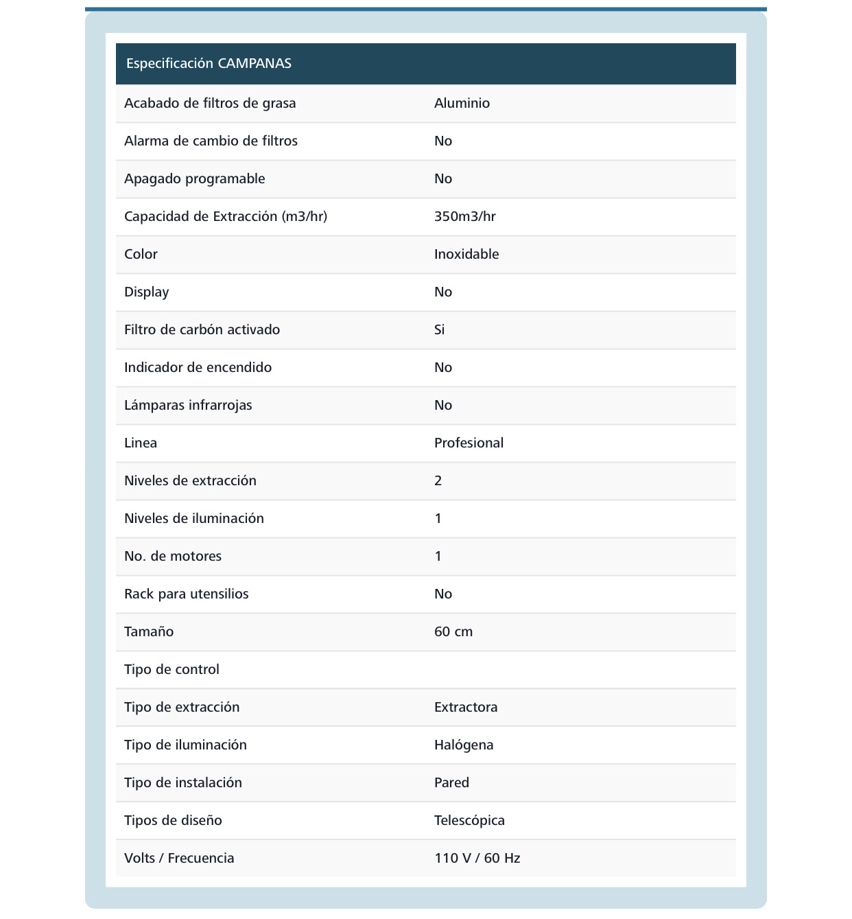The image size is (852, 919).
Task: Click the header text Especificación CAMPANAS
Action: point(209,64)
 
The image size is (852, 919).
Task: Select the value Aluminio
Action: point(462,104)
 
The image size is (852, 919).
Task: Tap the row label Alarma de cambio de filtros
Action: point(211,141)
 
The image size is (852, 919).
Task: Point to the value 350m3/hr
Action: point(464,217)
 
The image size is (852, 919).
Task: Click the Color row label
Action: point(141,255)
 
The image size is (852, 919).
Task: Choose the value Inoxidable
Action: point(466,255)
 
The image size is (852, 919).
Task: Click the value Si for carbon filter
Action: point(439,330)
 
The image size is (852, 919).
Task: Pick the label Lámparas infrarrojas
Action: point(188,406)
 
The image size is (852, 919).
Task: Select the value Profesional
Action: point(469,443)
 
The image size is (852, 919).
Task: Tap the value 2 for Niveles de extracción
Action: point(438,481)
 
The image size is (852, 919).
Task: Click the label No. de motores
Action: point(173,557)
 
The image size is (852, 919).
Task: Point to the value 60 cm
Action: point(453,632)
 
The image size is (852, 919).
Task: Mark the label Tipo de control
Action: point(171,670)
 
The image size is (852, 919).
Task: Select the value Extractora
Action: point(466,708)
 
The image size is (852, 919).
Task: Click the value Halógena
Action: point(464,745)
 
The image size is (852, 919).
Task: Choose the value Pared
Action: point(451,783)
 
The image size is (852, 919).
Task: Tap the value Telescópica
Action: point(469,821)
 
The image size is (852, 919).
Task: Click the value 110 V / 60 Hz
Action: point(477,859)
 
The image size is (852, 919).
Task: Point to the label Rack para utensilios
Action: point(186,594)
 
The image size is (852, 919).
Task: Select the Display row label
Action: point(146,292)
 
